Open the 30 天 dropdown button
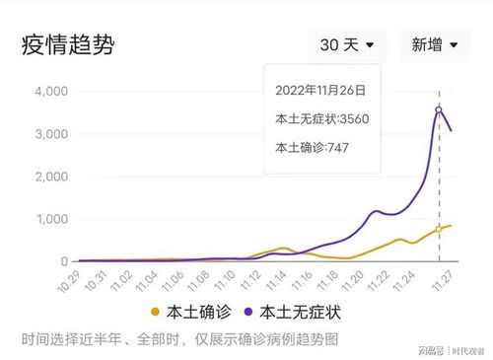[x=345, y=44]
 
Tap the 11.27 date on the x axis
[x=447, y=281]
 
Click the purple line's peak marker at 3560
[x=439, y=109]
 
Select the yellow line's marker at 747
[x=439, y=229]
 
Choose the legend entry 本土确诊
[x=192, y=313]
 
